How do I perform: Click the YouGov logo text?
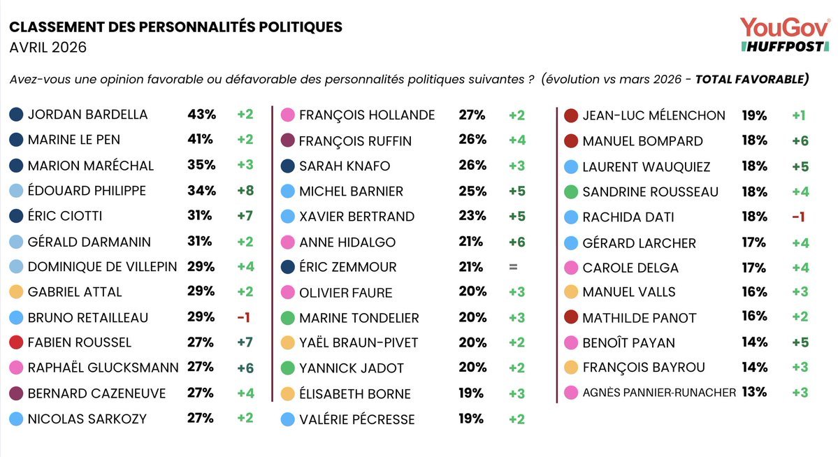point(784,27)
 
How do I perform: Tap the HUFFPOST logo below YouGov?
point(784,46)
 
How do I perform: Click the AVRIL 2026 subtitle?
point(48,48)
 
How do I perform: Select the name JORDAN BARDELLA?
point(87,115)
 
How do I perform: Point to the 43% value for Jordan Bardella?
point(201,115)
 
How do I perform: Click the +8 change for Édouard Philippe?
point(244,191)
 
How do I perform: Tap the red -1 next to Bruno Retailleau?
point(243,317)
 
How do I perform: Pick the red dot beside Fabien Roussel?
point(17,342)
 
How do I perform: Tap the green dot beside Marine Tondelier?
point(287,318)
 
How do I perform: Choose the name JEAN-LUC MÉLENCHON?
point(654,115)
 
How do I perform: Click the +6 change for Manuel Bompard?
point(800,140)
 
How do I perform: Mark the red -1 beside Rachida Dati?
point(800,217)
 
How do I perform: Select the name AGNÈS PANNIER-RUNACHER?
point(658,393)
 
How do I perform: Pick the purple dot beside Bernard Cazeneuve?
point(17,393)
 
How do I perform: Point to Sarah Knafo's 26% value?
point(472,166)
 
